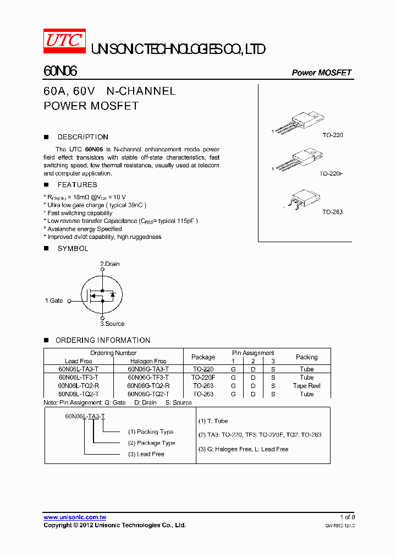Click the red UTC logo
pyautogui.click(x=64, y=41)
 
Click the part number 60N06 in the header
pyautogui.click(x=60, y=72)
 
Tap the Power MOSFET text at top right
pyautogui.click(x=321, y=73)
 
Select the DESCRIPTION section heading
pyautogui.click(x=82, y=137)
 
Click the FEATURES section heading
pyautogui.click(x=77, y=185)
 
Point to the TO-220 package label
pyautogui.click(x=332, y=135)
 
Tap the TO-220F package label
pyautogui.click(x=331, y=173)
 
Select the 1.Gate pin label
pyautogui.click(x=54, y=301)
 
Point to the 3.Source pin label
pyautogui.click(x=112, y=324)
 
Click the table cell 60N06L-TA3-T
pyautogui.click(x=79, y=369)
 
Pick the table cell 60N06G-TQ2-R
pyautogui.click(x=148, y=386)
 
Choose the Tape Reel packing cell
pyautogui.click(x=306, y=386)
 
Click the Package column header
pyautogui.click(x=203, y=357)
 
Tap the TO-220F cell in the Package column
pyautogui.click(x=203, y=378)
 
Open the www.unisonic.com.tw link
pyautogui.click(x=75, y=517)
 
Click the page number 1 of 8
pyautogui.click(x=347, y=517)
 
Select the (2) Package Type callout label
pyautogui.click(x=152, y=443)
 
